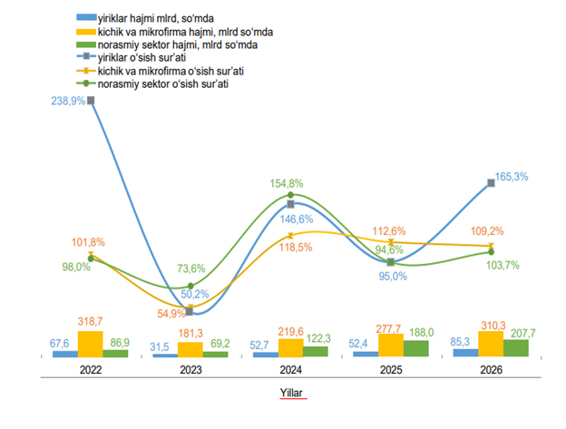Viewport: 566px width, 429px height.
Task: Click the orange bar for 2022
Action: click(91, 344)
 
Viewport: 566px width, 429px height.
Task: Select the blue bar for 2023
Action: click(166, 355)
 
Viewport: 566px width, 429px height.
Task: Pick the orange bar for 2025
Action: click(391, 346)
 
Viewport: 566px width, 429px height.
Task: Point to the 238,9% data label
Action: click(69, 102)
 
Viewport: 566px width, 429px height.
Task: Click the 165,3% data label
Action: click(514, 178)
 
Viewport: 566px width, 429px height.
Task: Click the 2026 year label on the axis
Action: click(491, 370)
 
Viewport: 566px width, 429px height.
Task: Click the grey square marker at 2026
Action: click(492, 182)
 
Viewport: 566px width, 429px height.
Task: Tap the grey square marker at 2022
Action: click(91, 101)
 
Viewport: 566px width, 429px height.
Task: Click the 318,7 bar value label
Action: click(91, 322)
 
